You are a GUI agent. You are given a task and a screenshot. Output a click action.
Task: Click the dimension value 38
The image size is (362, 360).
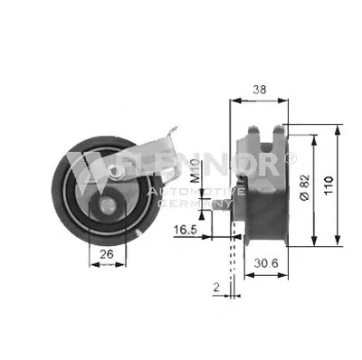260,90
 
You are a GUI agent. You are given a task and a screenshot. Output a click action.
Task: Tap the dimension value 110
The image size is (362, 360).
329,185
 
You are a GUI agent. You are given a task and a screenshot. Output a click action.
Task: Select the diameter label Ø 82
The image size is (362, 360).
305,187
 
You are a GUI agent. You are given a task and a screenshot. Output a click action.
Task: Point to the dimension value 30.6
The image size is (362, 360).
266,263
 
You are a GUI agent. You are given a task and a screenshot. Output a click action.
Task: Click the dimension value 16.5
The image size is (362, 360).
186,230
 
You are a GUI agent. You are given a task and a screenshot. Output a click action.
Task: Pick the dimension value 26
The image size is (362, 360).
107,254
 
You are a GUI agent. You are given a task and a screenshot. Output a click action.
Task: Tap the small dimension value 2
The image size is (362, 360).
216,288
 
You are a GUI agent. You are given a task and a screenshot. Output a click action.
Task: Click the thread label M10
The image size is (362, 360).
195,171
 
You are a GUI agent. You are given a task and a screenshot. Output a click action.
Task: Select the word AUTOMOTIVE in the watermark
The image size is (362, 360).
197,192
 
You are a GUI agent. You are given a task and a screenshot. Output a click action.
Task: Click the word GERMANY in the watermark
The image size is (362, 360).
195,204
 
